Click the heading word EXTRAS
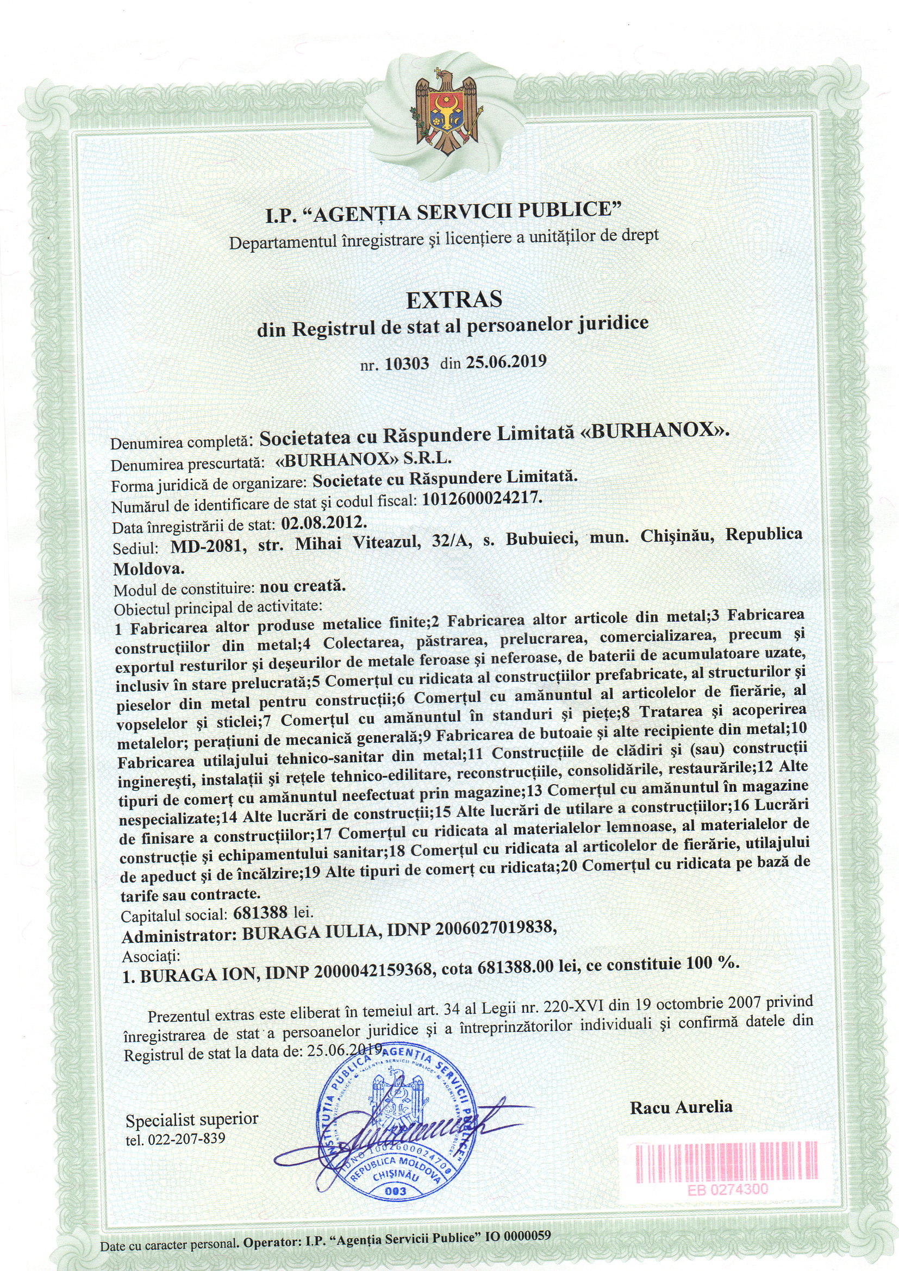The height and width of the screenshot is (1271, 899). pyautogui.click(x=454, y=299)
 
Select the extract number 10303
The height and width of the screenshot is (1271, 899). pyautogui.click(x=407, y=364)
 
